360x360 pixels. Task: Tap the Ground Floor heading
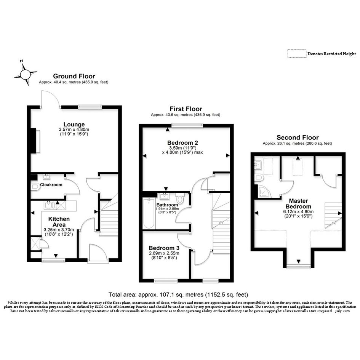[74, 76]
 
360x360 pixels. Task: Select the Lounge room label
[74, 125]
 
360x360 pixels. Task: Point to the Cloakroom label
[51, 185]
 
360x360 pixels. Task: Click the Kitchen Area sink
[49, 205]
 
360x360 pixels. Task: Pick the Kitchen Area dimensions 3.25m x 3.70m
[59, 230]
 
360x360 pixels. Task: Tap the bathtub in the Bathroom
[149, 213]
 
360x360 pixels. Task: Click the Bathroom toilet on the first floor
[180, 198]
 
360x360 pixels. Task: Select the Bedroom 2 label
[182, 142]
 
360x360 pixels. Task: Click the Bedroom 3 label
[164, 248]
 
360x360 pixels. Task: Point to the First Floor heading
[186, 109]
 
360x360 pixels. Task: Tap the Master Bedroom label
[298, 204]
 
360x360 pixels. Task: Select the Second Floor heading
[298, 138]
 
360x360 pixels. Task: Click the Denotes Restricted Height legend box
[297, 54]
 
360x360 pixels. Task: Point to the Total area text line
[178, 294]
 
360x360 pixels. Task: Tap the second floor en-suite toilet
[259, 178]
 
